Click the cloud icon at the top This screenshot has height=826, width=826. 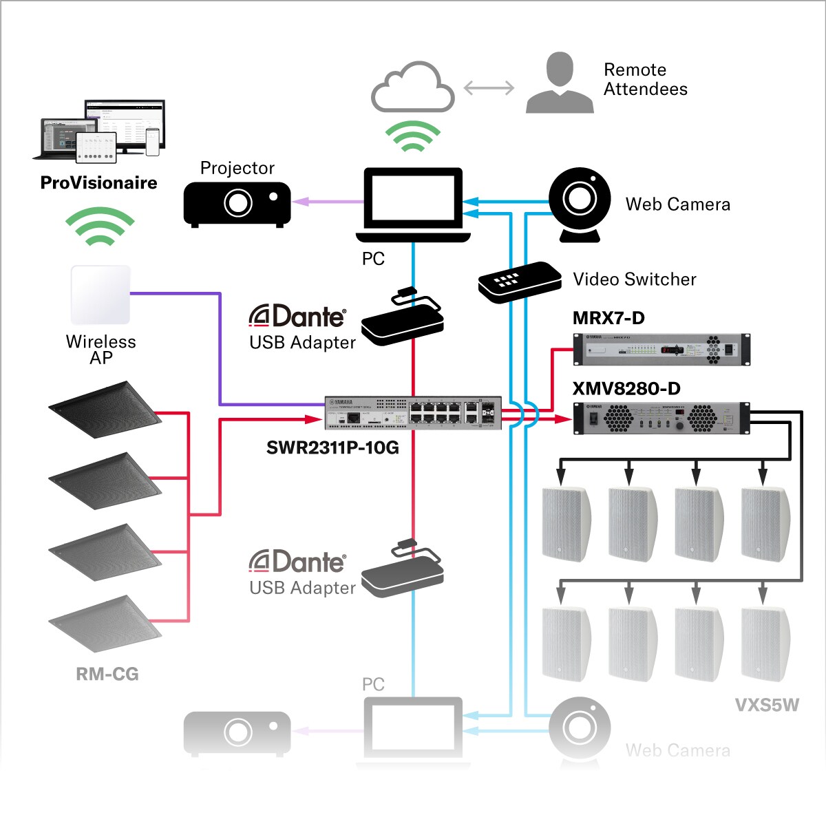[412, 88]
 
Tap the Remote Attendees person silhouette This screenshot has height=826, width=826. [560, 83]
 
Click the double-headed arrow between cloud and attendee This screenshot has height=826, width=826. [489, 88]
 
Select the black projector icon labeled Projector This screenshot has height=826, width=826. [237, 204]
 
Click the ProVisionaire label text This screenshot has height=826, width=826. [98, 183]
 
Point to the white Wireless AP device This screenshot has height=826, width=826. [100, 295]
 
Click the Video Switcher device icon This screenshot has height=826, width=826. [520, 282]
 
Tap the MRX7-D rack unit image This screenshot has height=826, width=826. [661, 349]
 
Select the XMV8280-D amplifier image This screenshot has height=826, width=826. [661, 418]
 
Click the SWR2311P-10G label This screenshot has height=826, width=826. [332, 448]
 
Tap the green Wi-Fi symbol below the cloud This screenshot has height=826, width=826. [412, 137]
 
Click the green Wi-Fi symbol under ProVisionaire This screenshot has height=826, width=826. [100, 226]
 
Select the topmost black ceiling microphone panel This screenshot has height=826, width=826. [105, 409]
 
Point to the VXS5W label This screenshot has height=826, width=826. [767, 706]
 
